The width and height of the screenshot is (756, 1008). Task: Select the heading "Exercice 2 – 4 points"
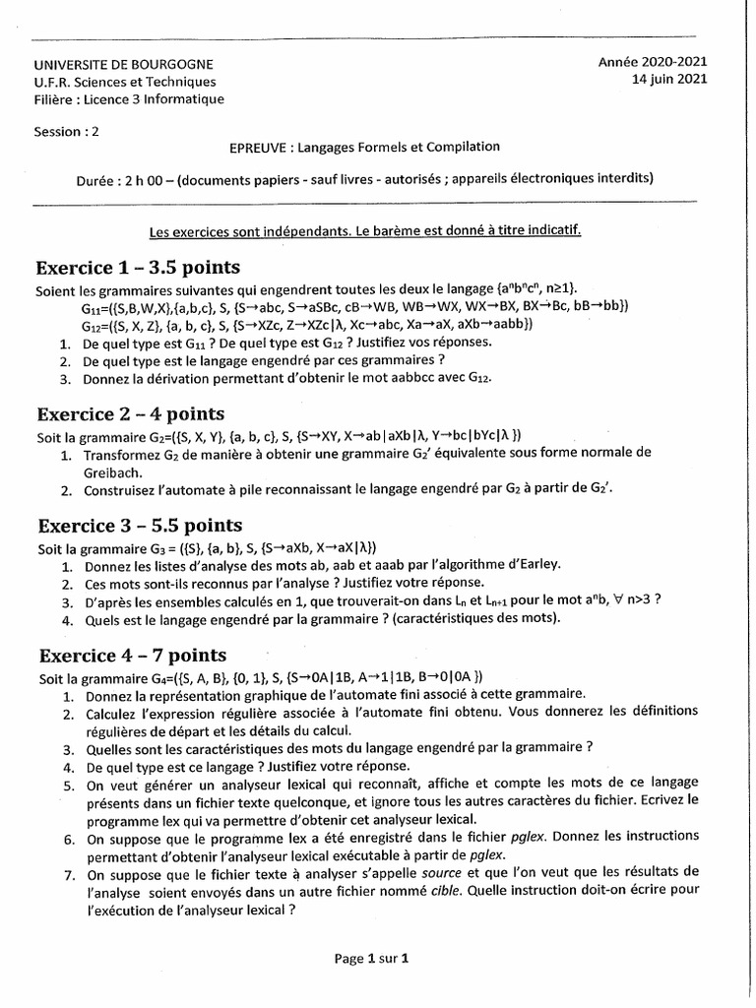coord(130,413)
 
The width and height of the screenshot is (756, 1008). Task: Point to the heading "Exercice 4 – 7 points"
coord(132,656)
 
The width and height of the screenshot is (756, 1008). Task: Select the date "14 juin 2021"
coord(669,80)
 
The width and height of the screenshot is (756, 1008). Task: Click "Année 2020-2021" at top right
coord(653,62)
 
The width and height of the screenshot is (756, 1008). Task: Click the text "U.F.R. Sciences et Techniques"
coord(125,83)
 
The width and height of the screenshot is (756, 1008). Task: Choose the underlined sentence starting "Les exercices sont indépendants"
coord(364,232)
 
